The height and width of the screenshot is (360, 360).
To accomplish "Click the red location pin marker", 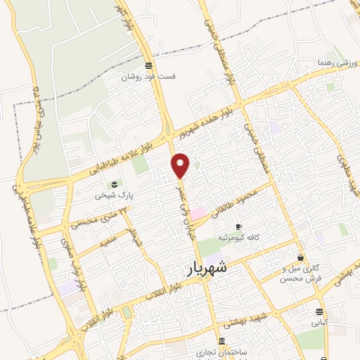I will coord(181,165).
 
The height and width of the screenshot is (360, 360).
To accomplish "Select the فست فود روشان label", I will coord(148,77).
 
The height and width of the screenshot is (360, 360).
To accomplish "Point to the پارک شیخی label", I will coord(115,195).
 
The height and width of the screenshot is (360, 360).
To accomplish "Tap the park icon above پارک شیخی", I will coord(115,184).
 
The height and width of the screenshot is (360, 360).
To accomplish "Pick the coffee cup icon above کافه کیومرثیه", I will coord(238,226).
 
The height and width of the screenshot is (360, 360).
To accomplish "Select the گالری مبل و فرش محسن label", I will coord(300,274).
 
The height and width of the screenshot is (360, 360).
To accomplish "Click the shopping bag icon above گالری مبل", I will coord(301,257).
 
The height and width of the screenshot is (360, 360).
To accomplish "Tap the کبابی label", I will coord(320,323).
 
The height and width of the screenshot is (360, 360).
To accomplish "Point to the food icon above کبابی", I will coord(320,311).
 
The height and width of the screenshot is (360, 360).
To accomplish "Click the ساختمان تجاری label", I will coord(223,352).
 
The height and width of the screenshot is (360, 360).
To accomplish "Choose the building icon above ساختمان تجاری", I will coord(222,342).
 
